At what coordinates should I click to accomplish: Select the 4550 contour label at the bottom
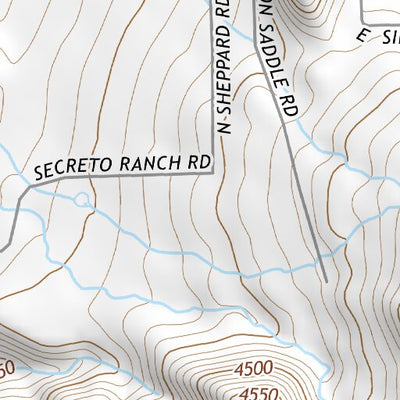coord(258,391)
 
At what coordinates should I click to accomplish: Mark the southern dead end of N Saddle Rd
coord(326,279)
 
